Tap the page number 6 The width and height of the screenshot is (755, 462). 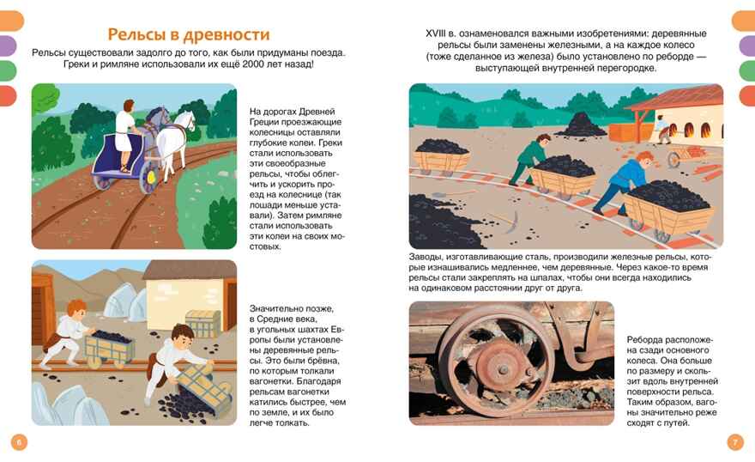pos(20,442)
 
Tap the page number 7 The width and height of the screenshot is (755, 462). pos(734,442)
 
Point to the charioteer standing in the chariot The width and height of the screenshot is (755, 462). pos(124,137)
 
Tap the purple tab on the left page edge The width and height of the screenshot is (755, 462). pos(7,46)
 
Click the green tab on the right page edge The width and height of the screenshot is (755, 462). pos(747,70)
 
